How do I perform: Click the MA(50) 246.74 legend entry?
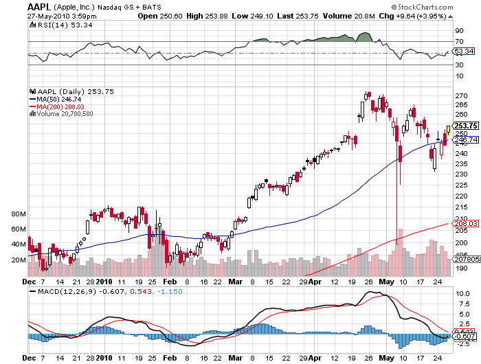63,99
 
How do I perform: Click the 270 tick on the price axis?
462,95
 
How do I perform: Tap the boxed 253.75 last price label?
465,126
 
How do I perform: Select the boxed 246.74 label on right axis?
465,139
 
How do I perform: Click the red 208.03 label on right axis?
465,223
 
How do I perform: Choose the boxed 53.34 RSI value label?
465,52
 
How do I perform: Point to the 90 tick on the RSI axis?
459,31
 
